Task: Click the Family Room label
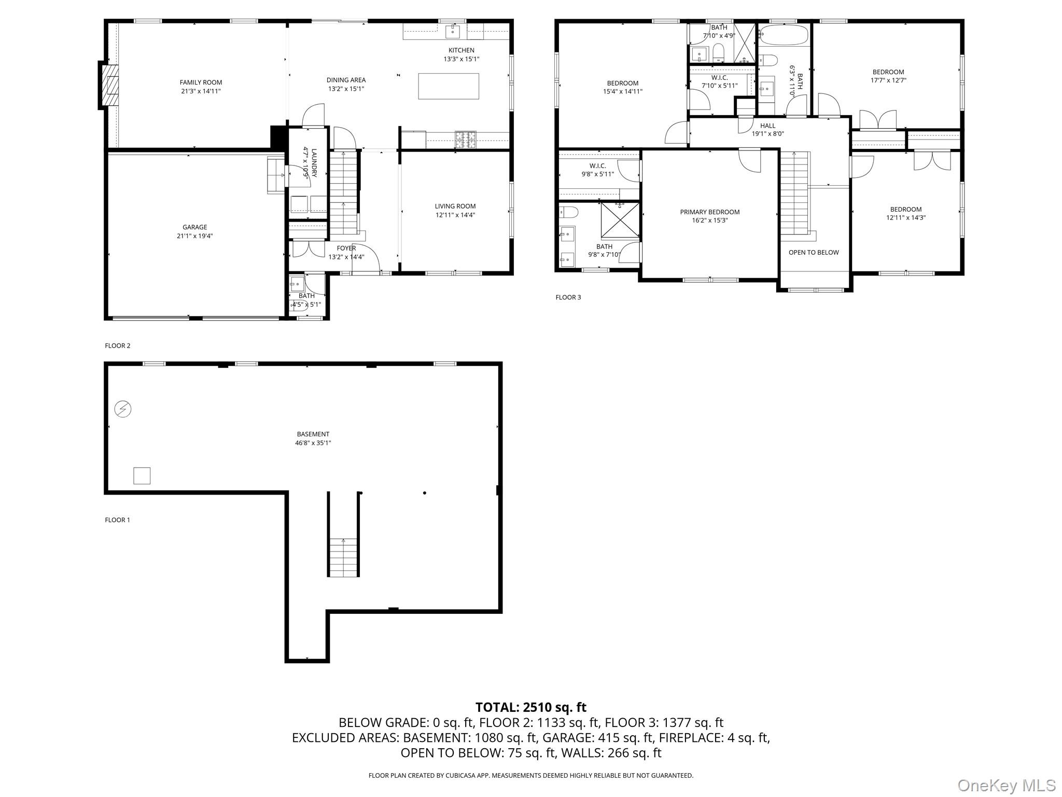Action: coord(201,83)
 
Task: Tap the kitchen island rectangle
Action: coord(449,86)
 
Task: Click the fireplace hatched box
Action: coord(110,85)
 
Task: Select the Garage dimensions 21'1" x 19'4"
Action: coord(194,236)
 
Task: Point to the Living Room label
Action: coord(455,206)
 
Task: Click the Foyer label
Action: coord(346,248)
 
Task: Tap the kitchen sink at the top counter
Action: coord(453,31)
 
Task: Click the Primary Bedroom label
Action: coord(709,212)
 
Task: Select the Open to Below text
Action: coord(813,253)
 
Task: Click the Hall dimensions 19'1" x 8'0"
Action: coord(767,134)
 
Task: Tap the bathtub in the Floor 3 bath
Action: coord(784,36)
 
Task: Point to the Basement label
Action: coord(313,434)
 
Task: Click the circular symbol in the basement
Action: coord(123,409)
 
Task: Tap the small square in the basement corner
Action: coord(142,476)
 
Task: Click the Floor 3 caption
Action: coord(568,297)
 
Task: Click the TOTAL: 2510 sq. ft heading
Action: coord(530,707)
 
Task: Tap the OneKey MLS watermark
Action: coord(1006,785)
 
